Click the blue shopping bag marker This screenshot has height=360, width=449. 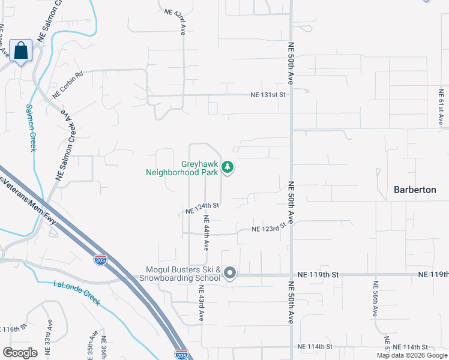click(x=21, y=51)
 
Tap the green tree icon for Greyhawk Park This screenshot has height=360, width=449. click(x=228, y=167)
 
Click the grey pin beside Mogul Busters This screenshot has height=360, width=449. click(x=230, y=274)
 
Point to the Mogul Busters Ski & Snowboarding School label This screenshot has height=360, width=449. click(x=180, y=274)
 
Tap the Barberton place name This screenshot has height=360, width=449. click(x=414, y=190)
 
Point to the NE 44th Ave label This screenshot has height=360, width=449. click(x=206, y=233)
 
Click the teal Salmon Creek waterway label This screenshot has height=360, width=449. click(x=31, y=127)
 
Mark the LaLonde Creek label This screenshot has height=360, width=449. click(x=76, y=292)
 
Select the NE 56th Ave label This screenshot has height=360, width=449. click(x=375, y=299)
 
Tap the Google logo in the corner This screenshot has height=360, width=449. click(x=20, y=353)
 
